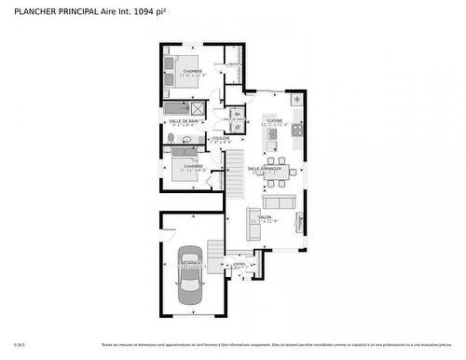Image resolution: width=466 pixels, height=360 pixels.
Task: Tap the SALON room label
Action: click(x=278, y=216)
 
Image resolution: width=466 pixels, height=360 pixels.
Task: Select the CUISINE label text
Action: click(x=275, y=120)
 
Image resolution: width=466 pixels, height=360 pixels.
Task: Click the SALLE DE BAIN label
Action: click(x=184, y=120)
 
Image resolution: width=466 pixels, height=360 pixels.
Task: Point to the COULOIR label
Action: click(x=221, y=138)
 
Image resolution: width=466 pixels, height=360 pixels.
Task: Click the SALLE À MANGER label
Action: click(x=267, y=167)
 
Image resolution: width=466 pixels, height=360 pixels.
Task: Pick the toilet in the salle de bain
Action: click(x=171, y=138)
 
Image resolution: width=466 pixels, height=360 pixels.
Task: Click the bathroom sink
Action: click(x=187, y=140)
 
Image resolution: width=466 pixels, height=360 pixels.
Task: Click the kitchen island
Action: click(x=272, y=138)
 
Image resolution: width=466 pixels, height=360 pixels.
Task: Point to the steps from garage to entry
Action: click(x=215, y=251)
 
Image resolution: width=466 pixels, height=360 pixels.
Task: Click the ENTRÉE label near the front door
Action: click(x=240, y=264)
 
